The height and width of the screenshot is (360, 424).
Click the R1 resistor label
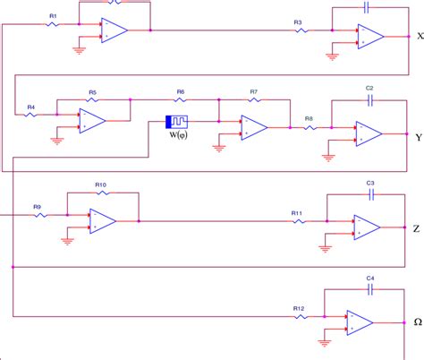(x=53, y=16)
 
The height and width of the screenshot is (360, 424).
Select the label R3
(x=297, y=21)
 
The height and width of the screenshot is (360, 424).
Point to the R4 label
(x=30, y=107)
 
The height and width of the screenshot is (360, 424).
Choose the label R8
(x=309, y=118)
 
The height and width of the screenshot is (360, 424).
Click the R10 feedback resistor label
(x=100, y=184)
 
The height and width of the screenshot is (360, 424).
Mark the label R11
(x=296, y=212)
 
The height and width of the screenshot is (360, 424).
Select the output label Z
(x=416, y=228)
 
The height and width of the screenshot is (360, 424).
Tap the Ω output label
(x=416, y=323)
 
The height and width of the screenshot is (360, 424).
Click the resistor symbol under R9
(x=38, y=216)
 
